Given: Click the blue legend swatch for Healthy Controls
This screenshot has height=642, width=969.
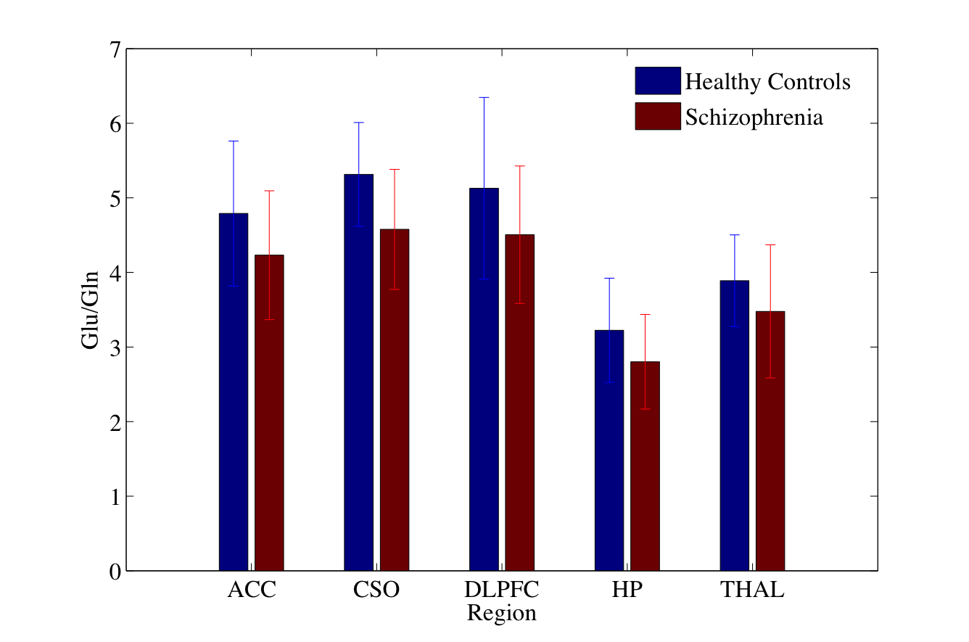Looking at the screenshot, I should click(657, 81).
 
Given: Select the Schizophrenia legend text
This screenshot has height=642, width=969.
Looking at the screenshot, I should click(754, 118).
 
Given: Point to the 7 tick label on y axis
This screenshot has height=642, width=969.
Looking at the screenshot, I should click(114, 50).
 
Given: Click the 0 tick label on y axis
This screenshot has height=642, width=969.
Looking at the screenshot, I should click(114, 572).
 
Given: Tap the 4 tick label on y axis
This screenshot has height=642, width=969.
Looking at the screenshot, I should click(114, 273).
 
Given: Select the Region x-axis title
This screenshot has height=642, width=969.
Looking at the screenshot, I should click(501, 614).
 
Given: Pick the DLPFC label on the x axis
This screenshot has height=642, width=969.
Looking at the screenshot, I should click(501, 590).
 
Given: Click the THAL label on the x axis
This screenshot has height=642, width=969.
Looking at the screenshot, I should click(752, 590).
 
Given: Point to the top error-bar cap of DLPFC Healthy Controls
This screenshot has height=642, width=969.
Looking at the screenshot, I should click(484, 97).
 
